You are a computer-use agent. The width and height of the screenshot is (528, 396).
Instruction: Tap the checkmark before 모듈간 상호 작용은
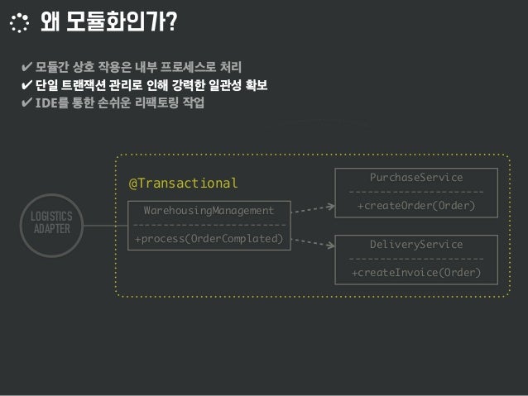27,66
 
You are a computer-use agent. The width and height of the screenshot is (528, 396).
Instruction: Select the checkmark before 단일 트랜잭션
27,85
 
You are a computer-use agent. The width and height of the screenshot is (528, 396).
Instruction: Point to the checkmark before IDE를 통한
27,104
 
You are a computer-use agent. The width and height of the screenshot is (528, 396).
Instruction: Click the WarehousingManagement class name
209,211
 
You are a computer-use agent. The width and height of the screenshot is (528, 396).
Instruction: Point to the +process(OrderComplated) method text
209,240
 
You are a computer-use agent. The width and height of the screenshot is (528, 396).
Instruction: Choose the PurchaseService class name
416,178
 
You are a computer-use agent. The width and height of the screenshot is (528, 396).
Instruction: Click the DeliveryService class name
416,245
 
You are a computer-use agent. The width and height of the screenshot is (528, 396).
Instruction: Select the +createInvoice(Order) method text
416,272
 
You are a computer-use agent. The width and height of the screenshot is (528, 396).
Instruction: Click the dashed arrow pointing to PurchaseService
313,211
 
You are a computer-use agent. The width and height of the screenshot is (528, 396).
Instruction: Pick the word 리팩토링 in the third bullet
159,104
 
